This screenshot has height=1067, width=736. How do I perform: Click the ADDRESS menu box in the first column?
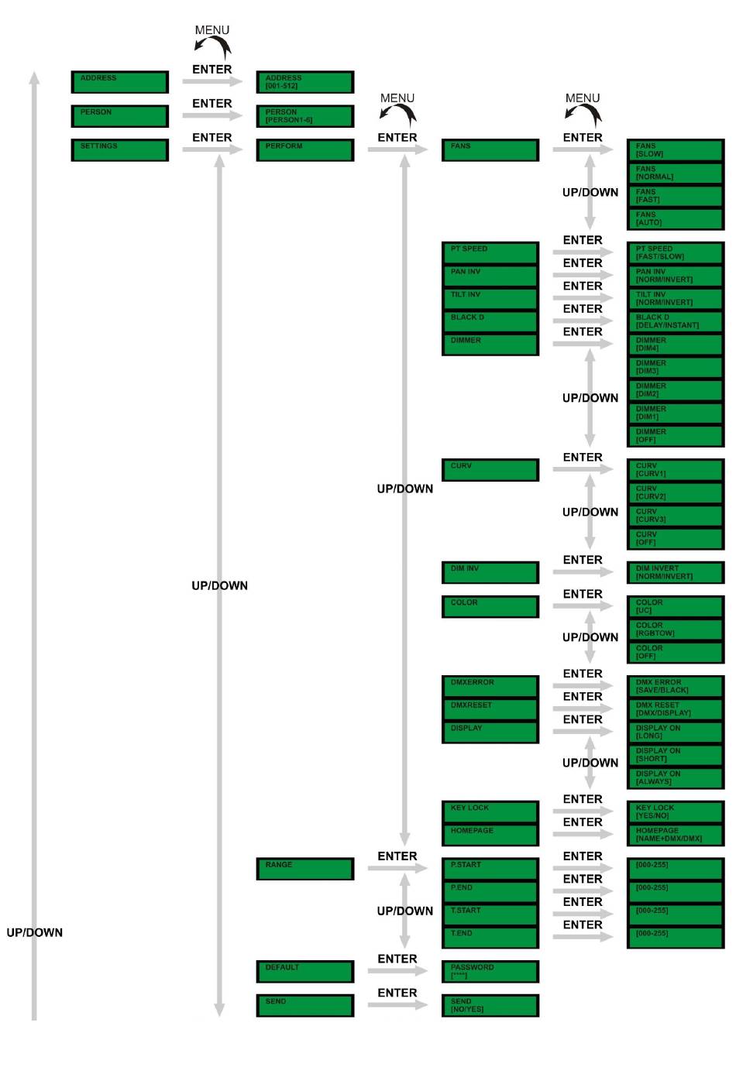[119, 81]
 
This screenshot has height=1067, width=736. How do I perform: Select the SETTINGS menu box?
[119, 149]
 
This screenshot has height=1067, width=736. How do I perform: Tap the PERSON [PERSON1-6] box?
[304, 116]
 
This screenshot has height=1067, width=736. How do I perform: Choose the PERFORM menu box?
[304, 149]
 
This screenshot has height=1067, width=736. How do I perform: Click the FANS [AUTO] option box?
[675, 218]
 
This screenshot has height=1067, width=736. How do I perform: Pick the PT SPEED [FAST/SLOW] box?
[675, 252]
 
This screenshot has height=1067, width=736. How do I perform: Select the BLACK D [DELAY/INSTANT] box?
[675, 321]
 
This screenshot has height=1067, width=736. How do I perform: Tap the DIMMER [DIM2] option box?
[675, 389]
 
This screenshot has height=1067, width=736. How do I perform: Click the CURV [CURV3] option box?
[675, 516]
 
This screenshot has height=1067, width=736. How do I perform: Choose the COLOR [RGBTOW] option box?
[675, 630]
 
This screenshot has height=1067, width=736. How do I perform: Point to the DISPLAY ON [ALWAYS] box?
[675, 777]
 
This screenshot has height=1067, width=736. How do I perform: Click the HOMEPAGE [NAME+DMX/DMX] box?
[675, 835]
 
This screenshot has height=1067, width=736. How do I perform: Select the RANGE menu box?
[304, 869]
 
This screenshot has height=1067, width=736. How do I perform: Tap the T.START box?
[490, 914]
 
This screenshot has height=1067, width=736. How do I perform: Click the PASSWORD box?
[490, 971]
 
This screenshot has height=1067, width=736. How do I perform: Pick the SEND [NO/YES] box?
[490, 1005]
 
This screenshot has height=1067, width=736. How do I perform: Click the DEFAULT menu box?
[304, 971]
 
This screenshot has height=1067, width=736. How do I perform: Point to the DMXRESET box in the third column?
[490, 709]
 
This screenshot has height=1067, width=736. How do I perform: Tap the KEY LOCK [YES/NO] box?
[675, 811]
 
